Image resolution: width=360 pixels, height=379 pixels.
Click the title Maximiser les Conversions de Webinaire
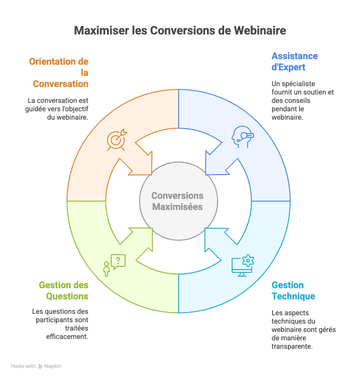[180, 31]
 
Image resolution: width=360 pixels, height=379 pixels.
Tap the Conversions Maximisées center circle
[178, 201]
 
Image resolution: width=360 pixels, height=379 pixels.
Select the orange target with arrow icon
[116, 140]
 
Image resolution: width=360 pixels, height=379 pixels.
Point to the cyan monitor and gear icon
[242, 265]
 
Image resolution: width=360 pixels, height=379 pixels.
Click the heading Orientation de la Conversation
[59, 73]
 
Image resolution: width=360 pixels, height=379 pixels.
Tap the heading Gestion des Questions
[64, 291]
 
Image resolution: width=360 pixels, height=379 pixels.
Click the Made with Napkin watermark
[36, 366]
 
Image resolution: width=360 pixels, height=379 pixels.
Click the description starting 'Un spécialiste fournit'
[303, 101]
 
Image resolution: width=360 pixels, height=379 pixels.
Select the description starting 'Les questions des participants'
[60, 324]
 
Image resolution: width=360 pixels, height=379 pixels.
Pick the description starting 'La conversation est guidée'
[58, 108]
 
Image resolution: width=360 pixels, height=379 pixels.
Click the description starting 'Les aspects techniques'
[303, 330]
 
